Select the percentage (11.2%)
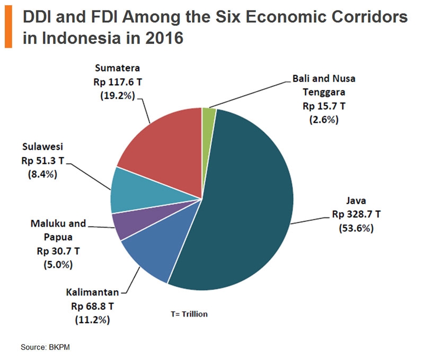pyautogui.click(x=95, y=320)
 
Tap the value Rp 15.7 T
pyautogui.click(x=324, y=106)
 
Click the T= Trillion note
pyautogui.click(x=189, y=314)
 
